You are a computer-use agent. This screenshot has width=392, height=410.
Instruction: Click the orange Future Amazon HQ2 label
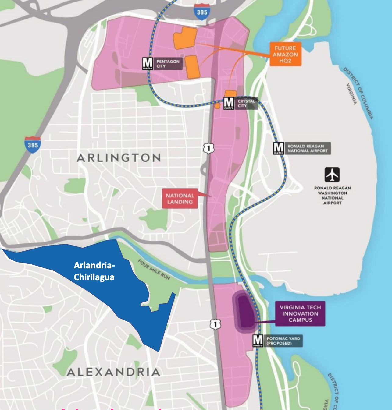[285, 54]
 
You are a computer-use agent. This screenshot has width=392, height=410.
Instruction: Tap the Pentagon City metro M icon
[148, 64]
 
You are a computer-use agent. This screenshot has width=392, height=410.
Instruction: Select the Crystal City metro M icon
[229, 103]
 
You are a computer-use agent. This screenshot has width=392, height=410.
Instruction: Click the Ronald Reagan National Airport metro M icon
[278, 148]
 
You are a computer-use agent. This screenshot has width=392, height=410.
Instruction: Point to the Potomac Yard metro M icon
[258, 341]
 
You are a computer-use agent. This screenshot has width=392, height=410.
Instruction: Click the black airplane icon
[332, 174]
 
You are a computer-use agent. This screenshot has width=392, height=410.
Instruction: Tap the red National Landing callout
[180, 199]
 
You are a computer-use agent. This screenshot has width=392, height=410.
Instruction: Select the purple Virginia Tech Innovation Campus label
[300, 313]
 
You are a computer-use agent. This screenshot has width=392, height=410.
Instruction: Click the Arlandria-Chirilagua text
[94, 271]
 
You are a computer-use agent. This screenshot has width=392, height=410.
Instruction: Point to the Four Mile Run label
[154, 269]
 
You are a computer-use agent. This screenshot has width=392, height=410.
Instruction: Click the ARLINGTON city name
[119, 158]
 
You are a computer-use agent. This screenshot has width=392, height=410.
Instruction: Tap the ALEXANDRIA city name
[113, 372]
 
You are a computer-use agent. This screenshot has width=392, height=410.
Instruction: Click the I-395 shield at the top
[202, 12]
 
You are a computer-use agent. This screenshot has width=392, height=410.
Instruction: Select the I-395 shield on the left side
[33, 145]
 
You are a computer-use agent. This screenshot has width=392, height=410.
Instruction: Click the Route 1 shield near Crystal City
[209, 148]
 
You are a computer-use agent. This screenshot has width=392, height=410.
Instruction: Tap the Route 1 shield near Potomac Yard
[215, 324]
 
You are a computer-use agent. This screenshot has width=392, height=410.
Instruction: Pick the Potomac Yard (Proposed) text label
[283, 341]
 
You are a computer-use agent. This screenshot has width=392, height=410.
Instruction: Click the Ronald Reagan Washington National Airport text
[332, 195]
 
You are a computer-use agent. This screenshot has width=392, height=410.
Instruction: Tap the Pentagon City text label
[168, 64]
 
